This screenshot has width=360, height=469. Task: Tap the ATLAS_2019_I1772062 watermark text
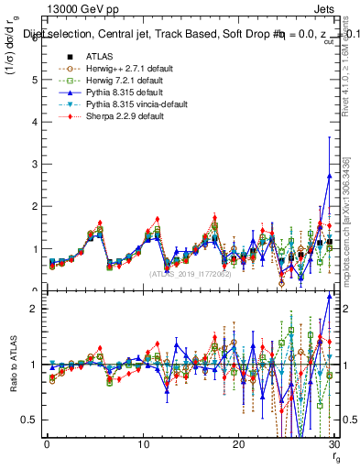coord(189,274)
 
